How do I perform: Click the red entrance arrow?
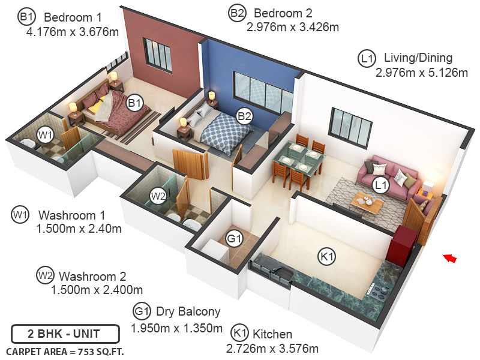(450, 258)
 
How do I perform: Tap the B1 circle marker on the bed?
(134, 103)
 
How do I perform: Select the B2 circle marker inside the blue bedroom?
(244, 116)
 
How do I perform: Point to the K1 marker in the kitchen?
(326, 257)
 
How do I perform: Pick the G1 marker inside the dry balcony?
(233, 239)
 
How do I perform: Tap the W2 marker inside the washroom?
(158, 196)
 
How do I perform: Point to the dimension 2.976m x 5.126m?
(421, 73)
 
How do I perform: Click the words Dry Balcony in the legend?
(188, 312)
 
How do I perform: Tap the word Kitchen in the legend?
(272, 334)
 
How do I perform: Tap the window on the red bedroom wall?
(157, 54)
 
